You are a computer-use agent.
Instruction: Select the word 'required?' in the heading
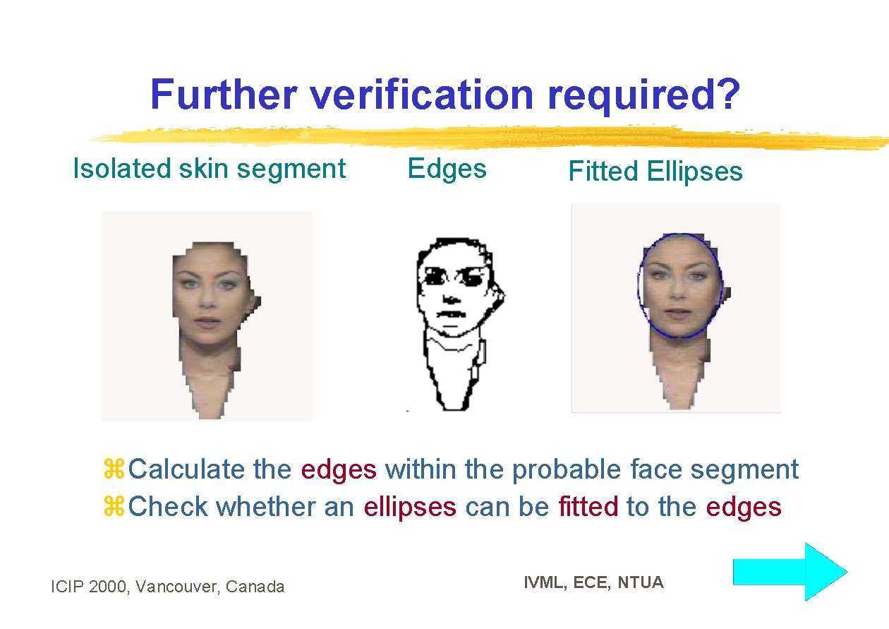[643, 96]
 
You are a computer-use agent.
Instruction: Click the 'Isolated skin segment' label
[210, 169]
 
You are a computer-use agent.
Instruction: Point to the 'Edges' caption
[447, 169]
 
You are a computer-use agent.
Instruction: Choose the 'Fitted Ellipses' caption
[655, 172]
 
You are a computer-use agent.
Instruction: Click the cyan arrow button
[790, 571]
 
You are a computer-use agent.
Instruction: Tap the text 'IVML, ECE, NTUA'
[593, 582]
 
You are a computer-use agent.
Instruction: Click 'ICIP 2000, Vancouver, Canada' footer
[168, 586]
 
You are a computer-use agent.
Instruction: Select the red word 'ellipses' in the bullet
[410, 507]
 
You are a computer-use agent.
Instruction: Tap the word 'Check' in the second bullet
[169, 507]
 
